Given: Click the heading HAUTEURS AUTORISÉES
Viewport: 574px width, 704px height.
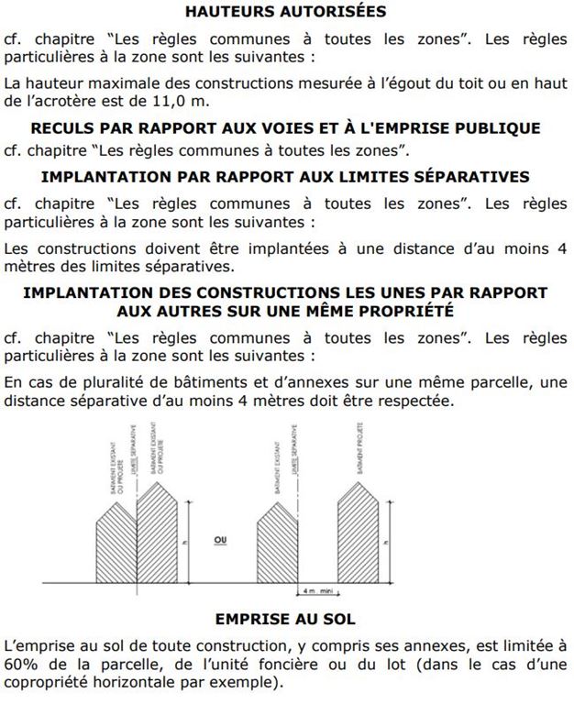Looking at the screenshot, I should click(285, 12).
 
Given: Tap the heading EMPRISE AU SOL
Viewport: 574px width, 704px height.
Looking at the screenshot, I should click(285, 619).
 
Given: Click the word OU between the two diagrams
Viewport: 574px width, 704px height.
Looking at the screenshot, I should click(220, 540).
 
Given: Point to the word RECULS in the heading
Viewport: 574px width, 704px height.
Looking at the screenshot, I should click(63, 126).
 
